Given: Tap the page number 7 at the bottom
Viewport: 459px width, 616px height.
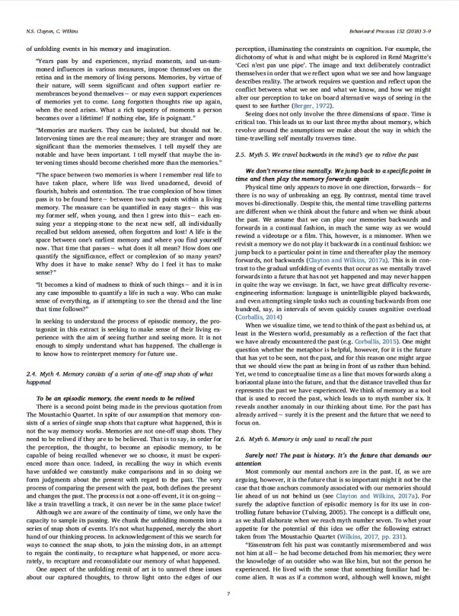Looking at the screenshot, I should [228, 592].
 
